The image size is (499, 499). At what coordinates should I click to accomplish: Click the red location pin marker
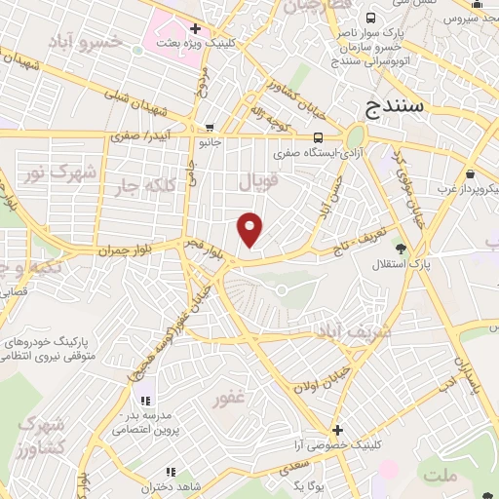pyautogui.click(x=251, y=229)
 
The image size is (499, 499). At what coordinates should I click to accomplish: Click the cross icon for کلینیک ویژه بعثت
pyautogui.click(x=196, y=28)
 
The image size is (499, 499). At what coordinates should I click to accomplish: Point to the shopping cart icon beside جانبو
pyautogui.click(x=210, y=127)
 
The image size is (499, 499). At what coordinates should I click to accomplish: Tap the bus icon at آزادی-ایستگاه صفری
pyautogui.click(x=320, y=136)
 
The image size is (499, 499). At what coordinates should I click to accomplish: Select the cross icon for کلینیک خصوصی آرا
pyautogui.click(x=337, y=430)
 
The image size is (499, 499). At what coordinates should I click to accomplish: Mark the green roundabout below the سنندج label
pyautogui.click(x=355, y=136)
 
